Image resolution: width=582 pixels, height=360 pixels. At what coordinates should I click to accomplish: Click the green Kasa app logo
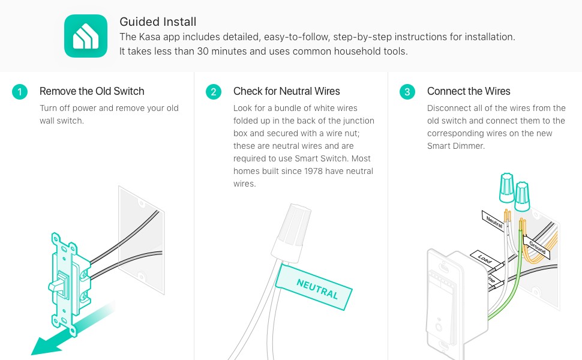[x=86, y=36]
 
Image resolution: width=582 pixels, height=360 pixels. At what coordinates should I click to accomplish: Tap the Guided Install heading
[x=158, y=22]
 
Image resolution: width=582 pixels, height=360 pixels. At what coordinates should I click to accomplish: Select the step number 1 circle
[x=20, y=92]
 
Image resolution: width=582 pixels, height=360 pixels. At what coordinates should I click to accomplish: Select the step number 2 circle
[x=214, y=92]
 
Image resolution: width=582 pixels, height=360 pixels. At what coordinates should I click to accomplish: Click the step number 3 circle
[x=407, y=92]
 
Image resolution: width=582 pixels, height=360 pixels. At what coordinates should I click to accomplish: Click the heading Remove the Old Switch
[x=92, y=91]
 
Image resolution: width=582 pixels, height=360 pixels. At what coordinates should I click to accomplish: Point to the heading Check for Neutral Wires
[x=287, y=91]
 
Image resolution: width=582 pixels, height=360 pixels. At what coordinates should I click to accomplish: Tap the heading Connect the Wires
[x=469, y=91]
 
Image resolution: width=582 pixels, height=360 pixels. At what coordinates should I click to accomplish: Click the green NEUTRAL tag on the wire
[x=314, y=287]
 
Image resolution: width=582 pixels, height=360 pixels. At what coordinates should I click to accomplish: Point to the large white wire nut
[x=292, y=233]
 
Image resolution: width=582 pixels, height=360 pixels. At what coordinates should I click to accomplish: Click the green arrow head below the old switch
[x=46, y=345]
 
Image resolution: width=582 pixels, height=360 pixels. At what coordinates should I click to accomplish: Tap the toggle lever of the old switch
[x=58, y=284]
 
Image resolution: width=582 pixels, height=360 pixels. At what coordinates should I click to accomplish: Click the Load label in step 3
[x=484, y=258]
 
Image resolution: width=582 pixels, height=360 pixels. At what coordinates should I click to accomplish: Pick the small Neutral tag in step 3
[x=494, y=221]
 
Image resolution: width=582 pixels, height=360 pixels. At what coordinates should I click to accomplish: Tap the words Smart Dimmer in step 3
[x=456, y=146]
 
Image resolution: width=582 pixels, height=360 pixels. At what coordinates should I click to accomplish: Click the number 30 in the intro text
[x=203, y=51]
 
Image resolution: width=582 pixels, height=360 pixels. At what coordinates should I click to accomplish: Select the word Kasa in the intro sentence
[x=149, y=37]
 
